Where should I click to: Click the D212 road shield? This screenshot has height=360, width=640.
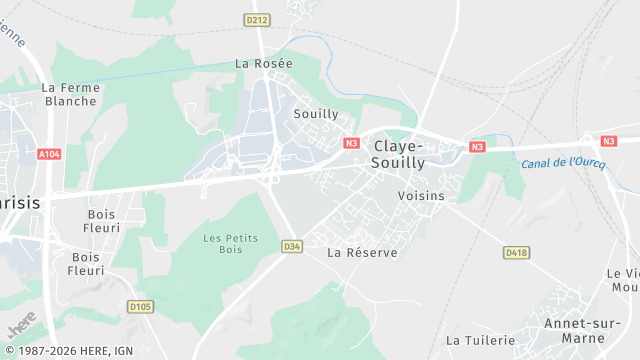click(257, 19)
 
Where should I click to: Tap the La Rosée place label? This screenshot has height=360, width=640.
click(264, 63)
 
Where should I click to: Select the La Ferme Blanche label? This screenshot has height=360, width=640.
click(70, 94)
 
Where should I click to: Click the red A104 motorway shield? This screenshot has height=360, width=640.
click(49, 154)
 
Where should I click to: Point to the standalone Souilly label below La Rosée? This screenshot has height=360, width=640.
click(316, 114)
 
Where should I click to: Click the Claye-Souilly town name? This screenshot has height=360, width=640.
click(398, 153)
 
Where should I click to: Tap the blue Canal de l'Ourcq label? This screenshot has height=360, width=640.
click(563, 163)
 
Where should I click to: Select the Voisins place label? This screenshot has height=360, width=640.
click(420, 196)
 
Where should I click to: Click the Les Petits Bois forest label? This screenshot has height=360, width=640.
click(231, 244)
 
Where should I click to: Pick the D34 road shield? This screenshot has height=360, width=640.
click(292, 246)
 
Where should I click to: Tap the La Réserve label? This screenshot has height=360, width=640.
click(362, 253)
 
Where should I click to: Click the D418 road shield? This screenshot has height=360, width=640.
click(516, 253)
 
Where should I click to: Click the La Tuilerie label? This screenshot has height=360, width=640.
click(482, 340)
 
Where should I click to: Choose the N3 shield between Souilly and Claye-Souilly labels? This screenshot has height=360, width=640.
click(351, 143)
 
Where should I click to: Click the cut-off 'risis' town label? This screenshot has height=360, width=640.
click(20, 201)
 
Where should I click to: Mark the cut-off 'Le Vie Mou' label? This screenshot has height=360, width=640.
click(623, 280)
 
